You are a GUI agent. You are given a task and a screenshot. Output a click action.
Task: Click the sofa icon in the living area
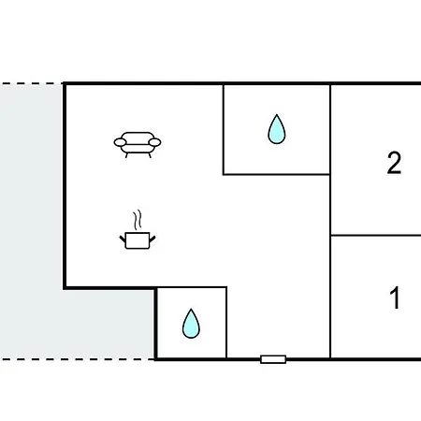(138, 145)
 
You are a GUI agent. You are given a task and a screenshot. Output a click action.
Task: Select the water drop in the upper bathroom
(277, 129)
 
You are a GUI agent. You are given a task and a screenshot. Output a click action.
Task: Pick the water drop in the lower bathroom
(191, 324)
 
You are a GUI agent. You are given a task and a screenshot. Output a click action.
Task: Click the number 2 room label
(394, 163)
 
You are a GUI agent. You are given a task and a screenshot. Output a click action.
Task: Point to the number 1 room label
(395, 298)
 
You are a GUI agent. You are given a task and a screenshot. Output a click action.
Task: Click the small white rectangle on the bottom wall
(273, 359)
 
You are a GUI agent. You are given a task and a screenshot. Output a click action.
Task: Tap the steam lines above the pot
(138, 220)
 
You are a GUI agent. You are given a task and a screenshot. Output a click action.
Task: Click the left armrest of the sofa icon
(120, 142)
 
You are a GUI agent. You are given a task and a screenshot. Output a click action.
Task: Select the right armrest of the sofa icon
(154, 142)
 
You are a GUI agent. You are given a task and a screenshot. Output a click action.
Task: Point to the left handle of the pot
(123, 240)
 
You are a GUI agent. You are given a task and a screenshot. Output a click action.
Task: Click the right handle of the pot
(152, 240)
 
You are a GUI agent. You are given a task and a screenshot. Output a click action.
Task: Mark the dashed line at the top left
(31, 83)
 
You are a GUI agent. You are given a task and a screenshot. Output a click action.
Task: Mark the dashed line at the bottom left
(77, 359)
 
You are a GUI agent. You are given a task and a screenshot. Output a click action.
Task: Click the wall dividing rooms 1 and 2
(376, 235)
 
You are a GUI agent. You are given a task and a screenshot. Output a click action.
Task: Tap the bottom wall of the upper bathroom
(277, 174)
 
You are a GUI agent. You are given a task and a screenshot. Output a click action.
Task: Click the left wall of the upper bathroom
(224, 129)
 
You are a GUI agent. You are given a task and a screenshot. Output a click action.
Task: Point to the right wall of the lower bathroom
(226, 323)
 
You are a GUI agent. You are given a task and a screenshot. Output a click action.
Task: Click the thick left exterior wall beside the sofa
(65, 186)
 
